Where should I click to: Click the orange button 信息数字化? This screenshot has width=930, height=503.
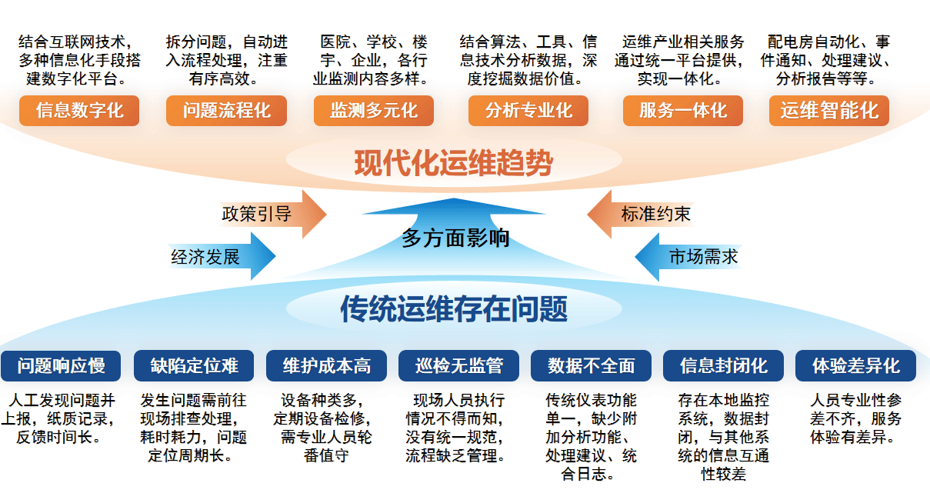tap(79, 111)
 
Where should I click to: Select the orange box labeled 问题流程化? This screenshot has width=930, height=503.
tap(226, 111)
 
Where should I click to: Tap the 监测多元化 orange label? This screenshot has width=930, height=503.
tap(374, 111)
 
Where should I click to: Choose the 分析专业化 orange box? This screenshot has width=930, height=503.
tap(528, 111)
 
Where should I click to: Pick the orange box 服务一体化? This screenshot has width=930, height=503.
tap(683, 111)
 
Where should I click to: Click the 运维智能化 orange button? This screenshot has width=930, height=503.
tap(829, 111)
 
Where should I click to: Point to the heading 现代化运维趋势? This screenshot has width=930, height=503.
tap(453, 163)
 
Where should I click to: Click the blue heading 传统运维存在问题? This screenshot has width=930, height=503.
tap(454, 308)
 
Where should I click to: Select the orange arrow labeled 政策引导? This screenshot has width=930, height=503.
tap(273, 214)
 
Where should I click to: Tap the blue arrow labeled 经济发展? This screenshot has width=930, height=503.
tap(222, 256)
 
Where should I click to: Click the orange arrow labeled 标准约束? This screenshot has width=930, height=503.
tap(641, 214)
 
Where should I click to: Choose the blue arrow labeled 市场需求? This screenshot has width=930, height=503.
tap(688, 257)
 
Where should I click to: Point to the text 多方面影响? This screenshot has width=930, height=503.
tap(455, 238)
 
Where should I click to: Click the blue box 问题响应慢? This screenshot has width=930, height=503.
tap(61, 365)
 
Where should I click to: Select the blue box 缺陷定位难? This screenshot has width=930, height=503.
tap(194, 365)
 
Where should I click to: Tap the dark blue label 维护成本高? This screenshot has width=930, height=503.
tap(326, 365)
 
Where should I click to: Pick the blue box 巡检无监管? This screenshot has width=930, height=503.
tap(458, 365)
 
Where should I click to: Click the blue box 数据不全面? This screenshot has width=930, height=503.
tap(591, 365)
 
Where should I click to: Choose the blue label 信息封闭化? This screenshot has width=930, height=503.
tap(723, 365)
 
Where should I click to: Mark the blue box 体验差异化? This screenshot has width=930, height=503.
tap(855, 365)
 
